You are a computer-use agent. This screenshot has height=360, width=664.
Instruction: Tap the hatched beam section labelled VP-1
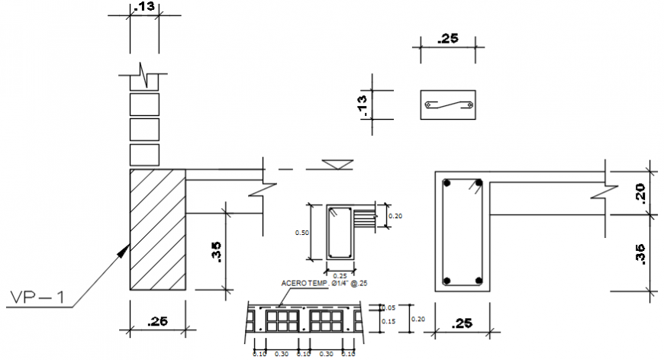click(x=158, y=229)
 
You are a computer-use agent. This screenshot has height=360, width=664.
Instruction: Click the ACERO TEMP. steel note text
click(x=324, y=284)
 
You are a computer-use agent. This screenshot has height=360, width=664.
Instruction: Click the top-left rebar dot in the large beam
click(x=449, y=183)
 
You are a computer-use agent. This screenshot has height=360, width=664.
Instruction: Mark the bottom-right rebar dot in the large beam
click(x=479, y=279)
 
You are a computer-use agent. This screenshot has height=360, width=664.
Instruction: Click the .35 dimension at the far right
click(x=640, y=253)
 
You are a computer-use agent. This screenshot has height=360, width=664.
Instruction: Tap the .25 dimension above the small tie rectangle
click(x=448, y=38)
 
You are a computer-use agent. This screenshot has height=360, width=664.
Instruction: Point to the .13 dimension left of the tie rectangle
click(x=363, y=104)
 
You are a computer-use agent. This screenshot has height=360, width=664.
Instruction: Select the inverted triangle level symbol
click(x=336, y=164)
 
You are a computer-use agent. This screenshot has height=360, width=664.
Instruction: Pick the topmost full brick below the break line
click(x=144, y=104)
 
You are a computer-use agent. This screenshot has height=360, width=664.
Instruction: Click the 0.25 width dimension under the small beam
click(x=340, y=275)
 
